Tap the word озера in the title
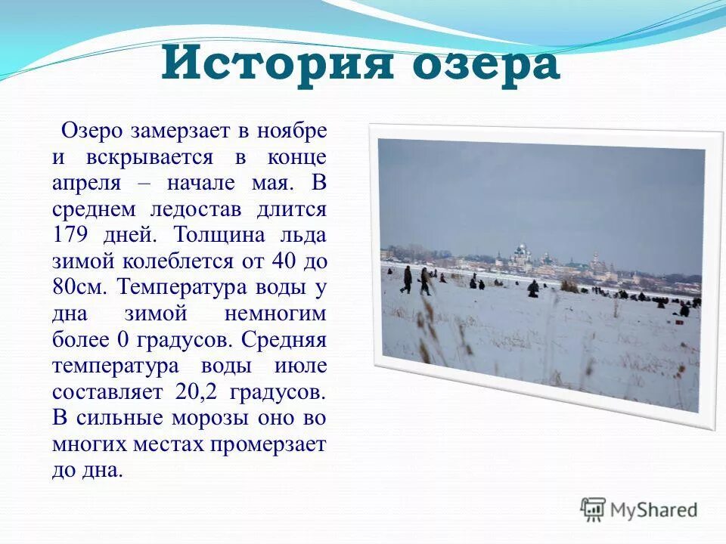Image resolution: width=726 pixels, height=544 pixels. click(484, 65)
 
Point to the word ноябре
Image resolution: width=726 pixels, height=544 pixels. click(292, 131)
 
